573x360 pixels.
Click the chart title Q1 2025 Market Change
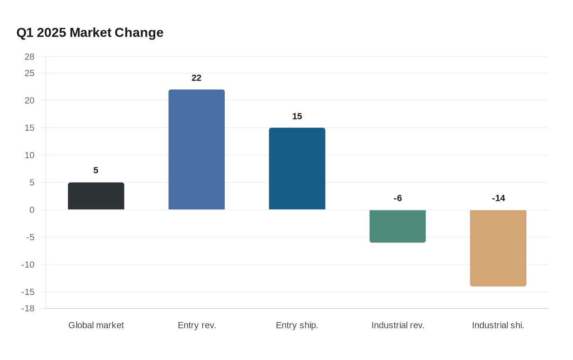[90, 32]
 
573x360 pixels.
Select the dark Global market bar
[96, 196]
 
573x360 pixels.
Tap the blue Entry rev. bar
[196, 149]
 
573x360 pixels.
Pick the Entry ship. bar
[297, 169]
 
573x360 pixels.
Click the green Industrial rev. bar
[397, 226]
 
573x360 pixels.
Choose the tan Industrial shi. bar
[498, 248]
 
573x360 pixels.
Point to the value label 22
[196, 78]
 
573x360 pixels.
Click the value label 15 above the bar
[297, 117]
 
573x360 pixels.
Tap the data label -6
[397, 198]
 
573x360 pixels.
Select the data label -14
[498, 198]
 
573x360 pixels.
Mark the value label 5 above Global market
[96, 171]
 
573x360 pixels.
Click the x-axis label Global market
[96, 325]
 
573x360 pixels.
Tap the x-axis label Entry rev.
[196, 325]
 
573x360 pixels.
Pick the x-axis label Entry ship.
[297, 325]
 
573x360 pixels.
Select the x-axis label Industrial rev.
[397, 325]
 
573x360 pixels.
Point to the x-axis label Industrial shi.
[498, 325]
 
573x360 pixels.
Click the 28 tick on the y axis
[29, 57]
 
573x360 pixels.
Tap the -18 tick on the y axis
[28, 308]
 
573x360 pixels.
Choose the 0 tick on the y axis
[32, 210]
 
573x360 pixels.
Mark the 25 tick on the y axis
[29, 73]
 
